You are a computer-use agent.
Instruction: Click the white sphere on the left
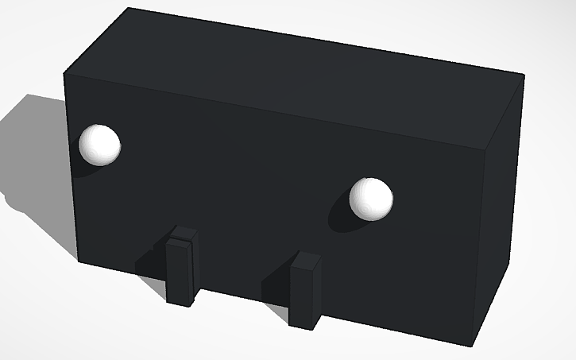tap(99, 145)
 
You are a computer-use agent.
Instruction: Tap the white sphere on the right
tap(371, 198)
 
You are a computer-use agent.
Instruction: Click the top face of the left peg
tap(184, 234)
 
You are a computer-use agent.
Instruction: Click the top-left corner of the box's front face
tap(65, 75)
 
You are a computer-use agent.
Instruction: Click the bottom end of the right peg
tap(303, 325)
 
